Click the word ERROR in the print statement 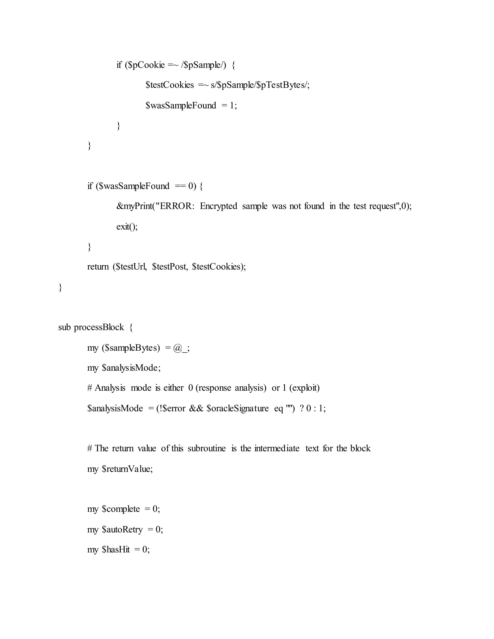[176, 206]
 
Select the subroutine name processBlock [99, 327]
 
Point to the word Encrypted [218, 206]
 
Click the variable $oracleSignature [237, 408]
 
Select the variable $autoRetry [122, 530]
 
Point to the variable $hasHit [116, 550]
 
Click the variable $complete [121, 509]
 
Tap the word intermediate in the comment [277, 449]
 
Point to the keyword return [98, 267]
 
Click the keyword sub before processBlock [64, 327]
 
